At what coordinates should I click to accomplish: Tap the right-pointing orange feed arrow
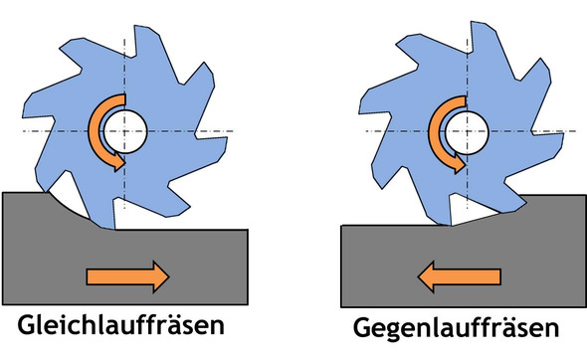pos(126,276)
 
